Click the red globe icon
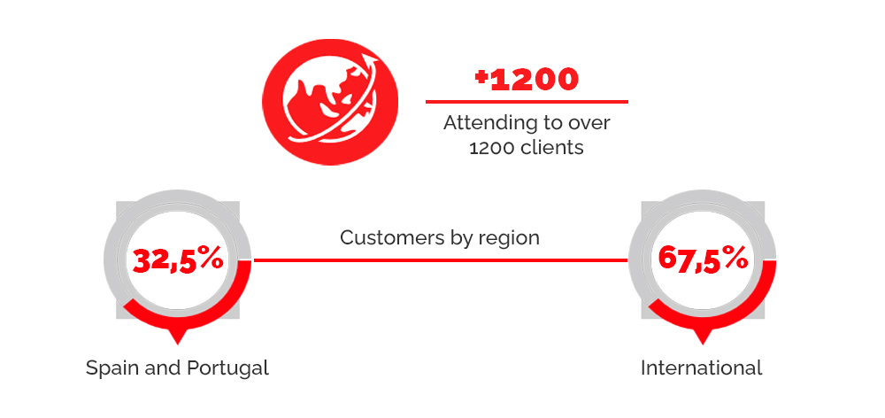[x=330, y=102]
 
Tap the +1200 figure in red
[x=527, y=81]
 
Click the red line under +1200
[x=527, y=102]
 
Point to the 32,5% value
[x=178, y=260]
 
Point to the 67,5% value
[x=703, y=259]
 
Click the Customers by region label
[x=440, y=238]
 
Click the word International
[x=702, y=368]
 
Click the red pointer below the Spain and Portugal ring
[x=178, y=337]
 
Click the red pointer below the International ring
[x=703, y=337]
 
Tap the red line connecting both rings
[x=440, y=260]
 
